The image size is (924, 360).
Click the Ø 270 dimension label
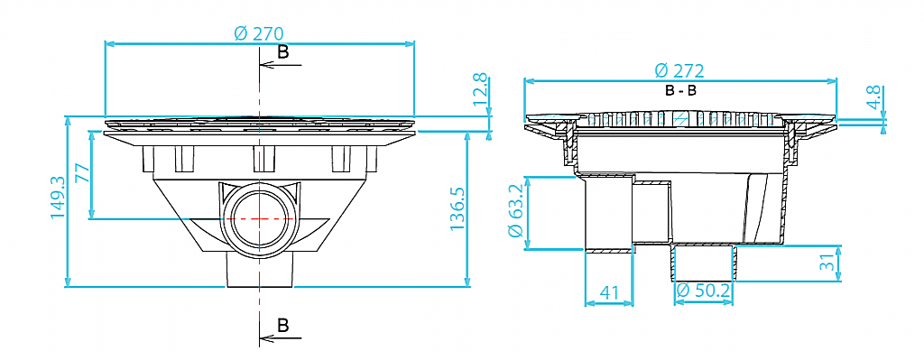(x=259, y=33)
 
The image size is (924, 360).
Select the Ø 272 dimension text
(x=679, y=71)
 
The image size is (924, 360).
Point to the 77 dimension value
(x=82, y=174)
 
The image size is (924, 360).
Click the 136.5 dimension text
(x=457, y=209)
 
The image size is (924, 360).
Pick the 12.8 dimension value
(x=481, y=89)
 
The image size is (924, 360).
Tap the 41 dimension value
(x=609, y=292)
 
